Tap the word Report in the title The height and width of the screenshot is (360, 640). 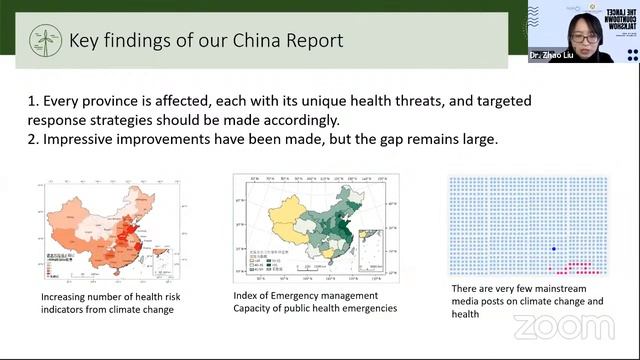pos(306,40)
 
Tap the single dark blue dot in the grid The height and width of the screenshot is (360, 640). pos(554,248)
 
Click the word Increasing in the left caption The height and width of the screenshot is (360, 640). pos(66,296)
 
